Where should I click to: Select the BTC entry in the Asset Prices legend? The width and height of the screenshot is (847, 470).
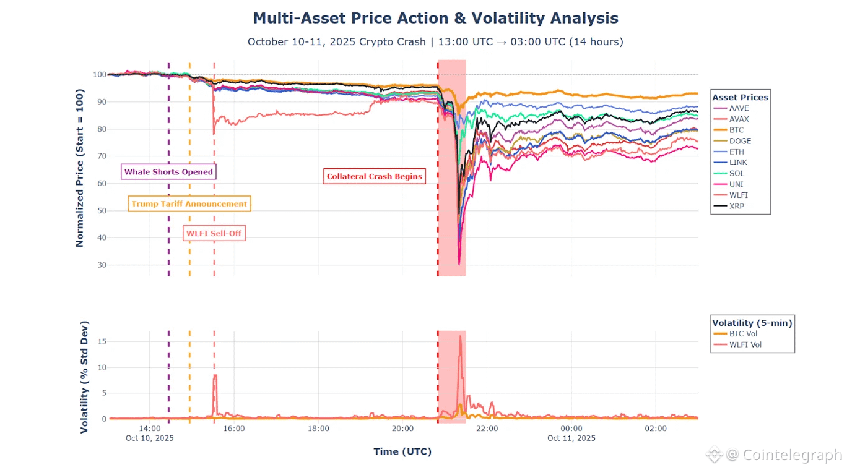click(x=737, y=130)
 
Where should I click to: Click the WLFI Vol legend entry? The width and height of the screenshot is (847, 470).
click(x=745, y=344)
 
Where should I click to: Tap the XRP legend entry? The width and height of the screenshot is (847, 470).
click(x=737, y=206)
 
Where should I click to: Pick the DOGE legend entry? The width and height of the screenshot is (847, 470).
click(x=740, y=141)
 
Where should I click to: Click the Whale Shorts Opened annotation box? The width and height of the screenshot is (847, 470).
click(x=168, y=172)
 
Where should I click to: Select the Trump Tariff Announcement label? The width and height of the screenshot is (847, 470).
click(x=189, y=203)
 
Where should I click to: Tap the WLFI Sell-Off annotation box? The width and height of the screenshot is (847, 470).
click(x=214, y=233)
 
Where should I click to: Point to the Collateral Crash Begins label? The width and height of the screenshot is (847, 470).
click(x=375, y=176)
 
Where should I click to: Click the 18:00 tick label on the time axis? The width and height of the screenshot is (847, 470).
click(x=318, y=428)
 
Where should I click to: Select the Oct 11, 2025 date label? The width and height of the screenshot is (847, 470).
click(x=571, y=438)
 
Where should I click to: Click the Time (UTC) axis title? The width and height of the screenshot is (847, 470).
click(x=402, y=451)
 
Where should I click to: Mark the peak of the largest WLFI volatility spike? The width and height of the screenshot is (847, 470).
click(x=460, y=336)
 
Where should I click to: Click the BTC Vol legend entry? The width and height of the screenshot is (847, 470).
click(x=743, y=334)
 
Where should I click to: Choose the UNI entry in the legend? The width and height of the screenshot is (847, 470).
click(x=736, y=184)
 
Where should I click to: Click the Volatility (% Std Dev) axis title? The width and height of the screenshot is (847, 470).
click(x=85, y=377)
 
